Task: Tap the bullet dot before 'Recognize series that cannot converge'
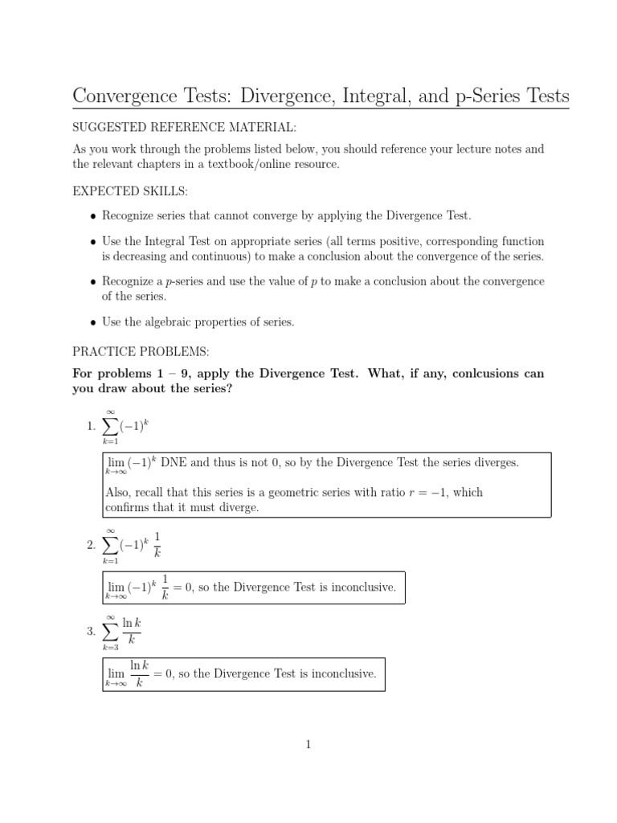pyautogui.click(x=94, y=216)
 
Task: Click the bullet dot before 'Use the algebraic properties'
pyautogui.click(x=94, y=322)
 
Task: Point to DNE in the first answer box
pyautogui.click(x=176, y=464)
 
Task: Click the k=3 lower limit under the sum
pyautogui.click(x=110, y=648)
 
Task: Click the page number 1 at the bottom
pyautogui.click(x=308, y=744)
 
